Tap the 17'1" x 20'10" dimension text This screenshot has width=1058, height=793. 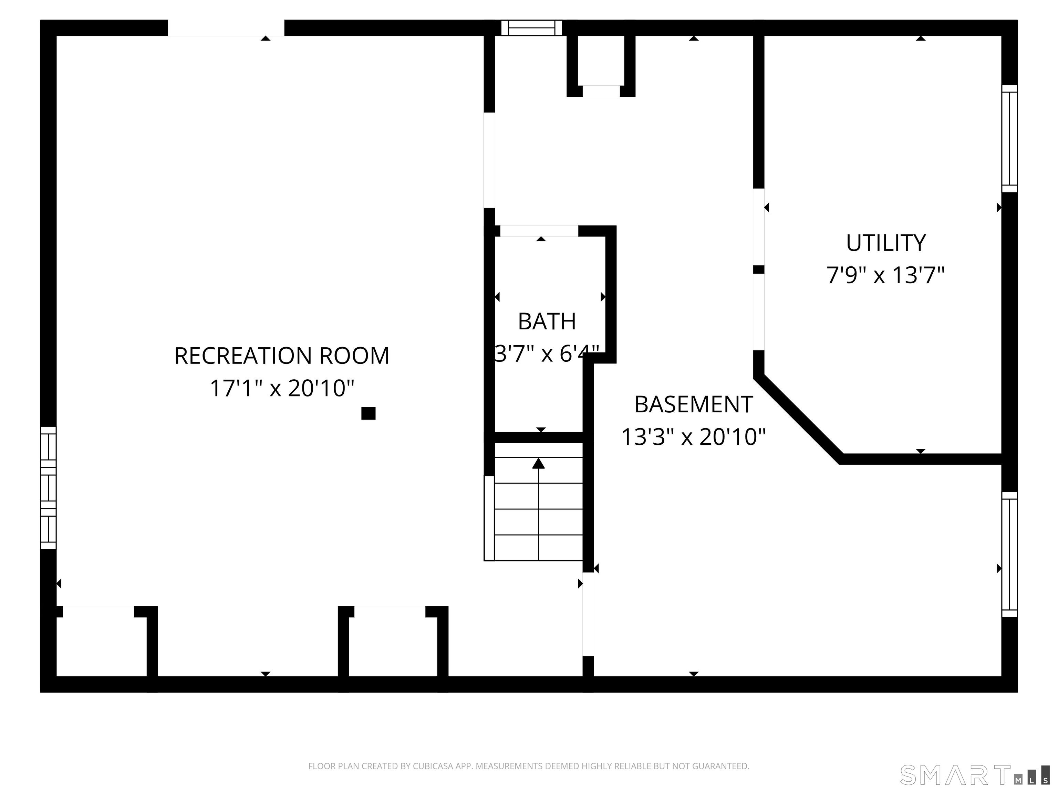(282, 388)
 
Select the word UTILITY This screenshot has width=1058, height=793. (885, 243)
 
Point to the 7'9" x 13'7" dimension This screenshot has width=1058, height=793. (885, 276)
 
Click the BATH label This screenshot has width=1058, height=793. (547, 322)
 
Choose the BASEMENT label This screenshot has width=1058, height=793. (693, 405)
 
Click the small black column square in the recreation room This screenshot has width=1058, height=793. (368, 413)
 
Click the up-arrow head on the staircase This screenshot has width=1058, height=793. (539, 463)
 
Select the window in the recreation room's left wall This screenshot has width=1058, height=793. (48, 488)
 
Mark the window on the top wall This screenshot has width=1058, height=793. (531, 28)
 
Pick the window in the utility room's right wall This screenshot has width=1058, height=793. (1009, 139)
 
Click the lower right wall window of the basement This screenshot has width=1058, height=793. (1009, 554)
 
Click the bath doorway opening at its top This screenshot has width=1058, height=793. (539, 231)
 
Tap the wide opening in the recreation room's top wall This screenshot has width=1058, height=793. (226, 28)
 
